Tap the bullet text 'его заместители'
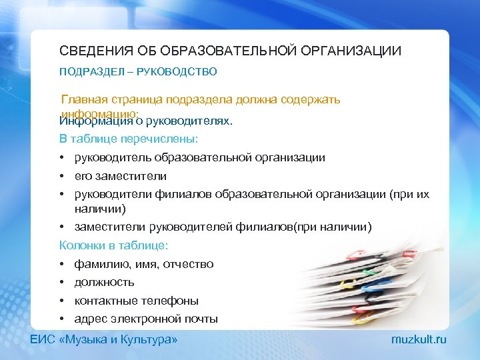[x=121, y=176]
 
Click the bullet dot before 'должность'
[x=63, y=283]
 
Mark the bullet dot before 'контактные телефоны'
[x=63, y=301]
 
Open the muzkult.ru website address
[x=419, y=340]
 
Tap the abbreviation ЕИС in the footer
[x=41, y=340]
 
